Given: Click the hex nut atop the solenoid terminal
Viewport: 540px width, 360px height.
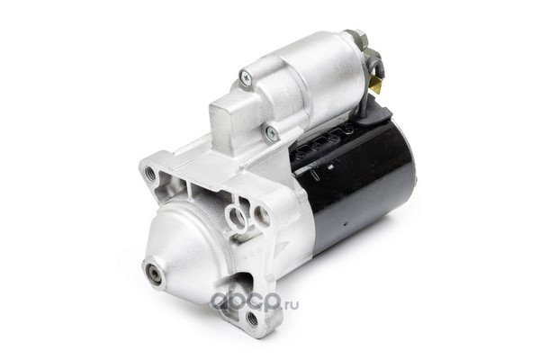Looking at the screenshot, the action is [x=359, y=36].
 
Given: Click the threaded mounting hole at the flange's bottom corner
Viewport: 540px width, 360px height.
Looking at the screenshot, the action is [x=253, y=318].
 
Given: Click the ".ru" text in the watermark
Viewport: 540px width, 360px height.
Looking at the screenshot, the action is [x=291, y=303].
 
